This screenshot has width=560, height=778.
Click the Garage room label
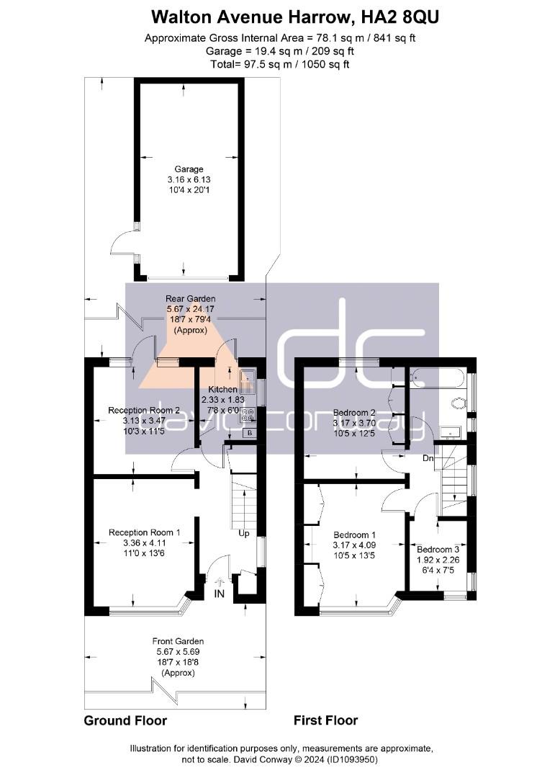(189, 169)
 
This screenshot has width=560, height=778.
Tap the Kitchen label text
(222, 389)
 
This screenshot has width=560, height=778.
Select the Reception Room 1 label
(144, 532)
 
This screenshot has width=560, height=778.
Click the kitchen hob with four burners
(248, 416)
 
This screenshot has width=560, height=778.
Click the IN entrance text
(219, 594)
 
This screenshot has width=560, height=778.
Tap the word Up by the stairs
(244, 534)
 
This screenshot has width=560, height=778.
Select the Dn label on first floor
(427, 458)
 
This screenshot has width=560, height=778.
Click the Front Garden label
(178, 641)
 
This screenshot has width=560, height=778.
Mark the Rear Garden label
(191, 298)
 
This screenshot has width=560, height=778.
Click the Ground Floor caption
(125, 720)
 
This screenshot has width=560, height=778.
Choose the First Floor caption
(325, 720)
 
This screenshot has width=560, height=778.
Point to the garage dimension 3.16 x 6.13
(189, 179)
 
